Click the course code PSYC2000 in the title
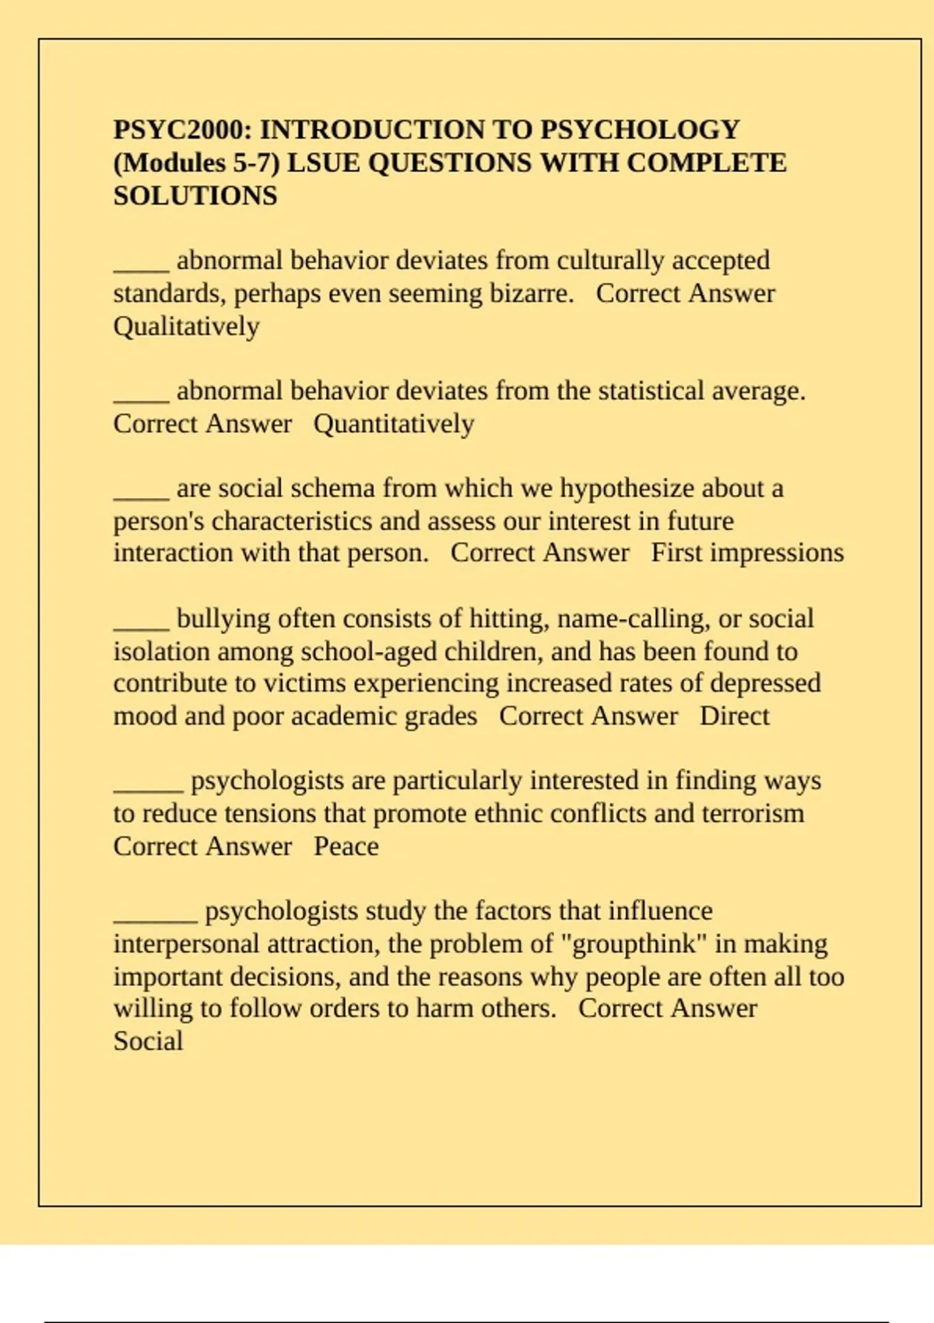181,129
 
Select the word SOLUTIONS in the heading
195,195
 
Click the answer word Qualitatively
186,326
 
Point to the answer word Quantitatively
394,424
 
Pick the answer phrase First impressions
747,553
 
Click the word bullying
223,619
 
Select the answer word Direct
734,716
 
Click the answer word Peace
346,846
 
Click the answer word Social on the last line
148,1041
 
